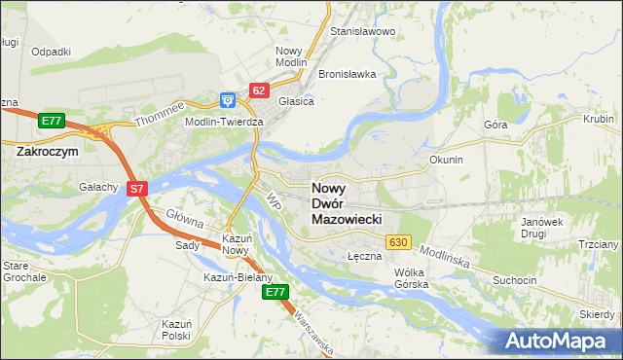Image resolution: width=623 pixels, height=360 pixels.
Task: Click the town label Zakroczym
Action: pyautogui.click(x=47, y=152)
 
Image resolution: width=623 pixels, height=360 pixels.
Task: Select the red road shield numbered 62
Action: pyautogui.click(x=258, y=90)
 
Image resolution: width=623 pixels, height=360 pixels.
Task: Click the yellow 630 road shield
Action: pyautogui.click(x=397, y=241)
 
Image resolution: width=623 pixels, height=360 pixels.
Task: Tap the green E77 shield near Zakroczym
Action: pyautogui.click(x=53, y=121)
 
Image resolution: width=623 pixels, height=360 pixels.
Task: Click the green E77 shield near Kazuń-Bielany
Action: pyautogui.click(x=276, y=291)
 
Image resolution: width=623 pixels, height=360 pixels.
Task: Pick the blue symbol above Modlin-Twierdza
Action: pyautogui.click(x=227, y=99)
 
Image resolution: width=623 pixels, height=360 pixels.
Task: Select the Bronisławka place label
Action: pyautogui.click(x=347, y=74)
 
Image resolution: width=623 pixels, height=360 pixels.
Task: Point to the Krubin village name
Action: pyautogui.click(x=599, y=119)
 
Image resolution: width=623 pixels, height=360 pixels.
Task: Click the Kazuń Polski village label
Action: pyautogui.click(x=176, y=328)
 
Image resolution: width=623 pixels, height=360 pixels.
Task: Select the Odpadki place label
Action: pyautogui.click(x=51, y=52)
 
